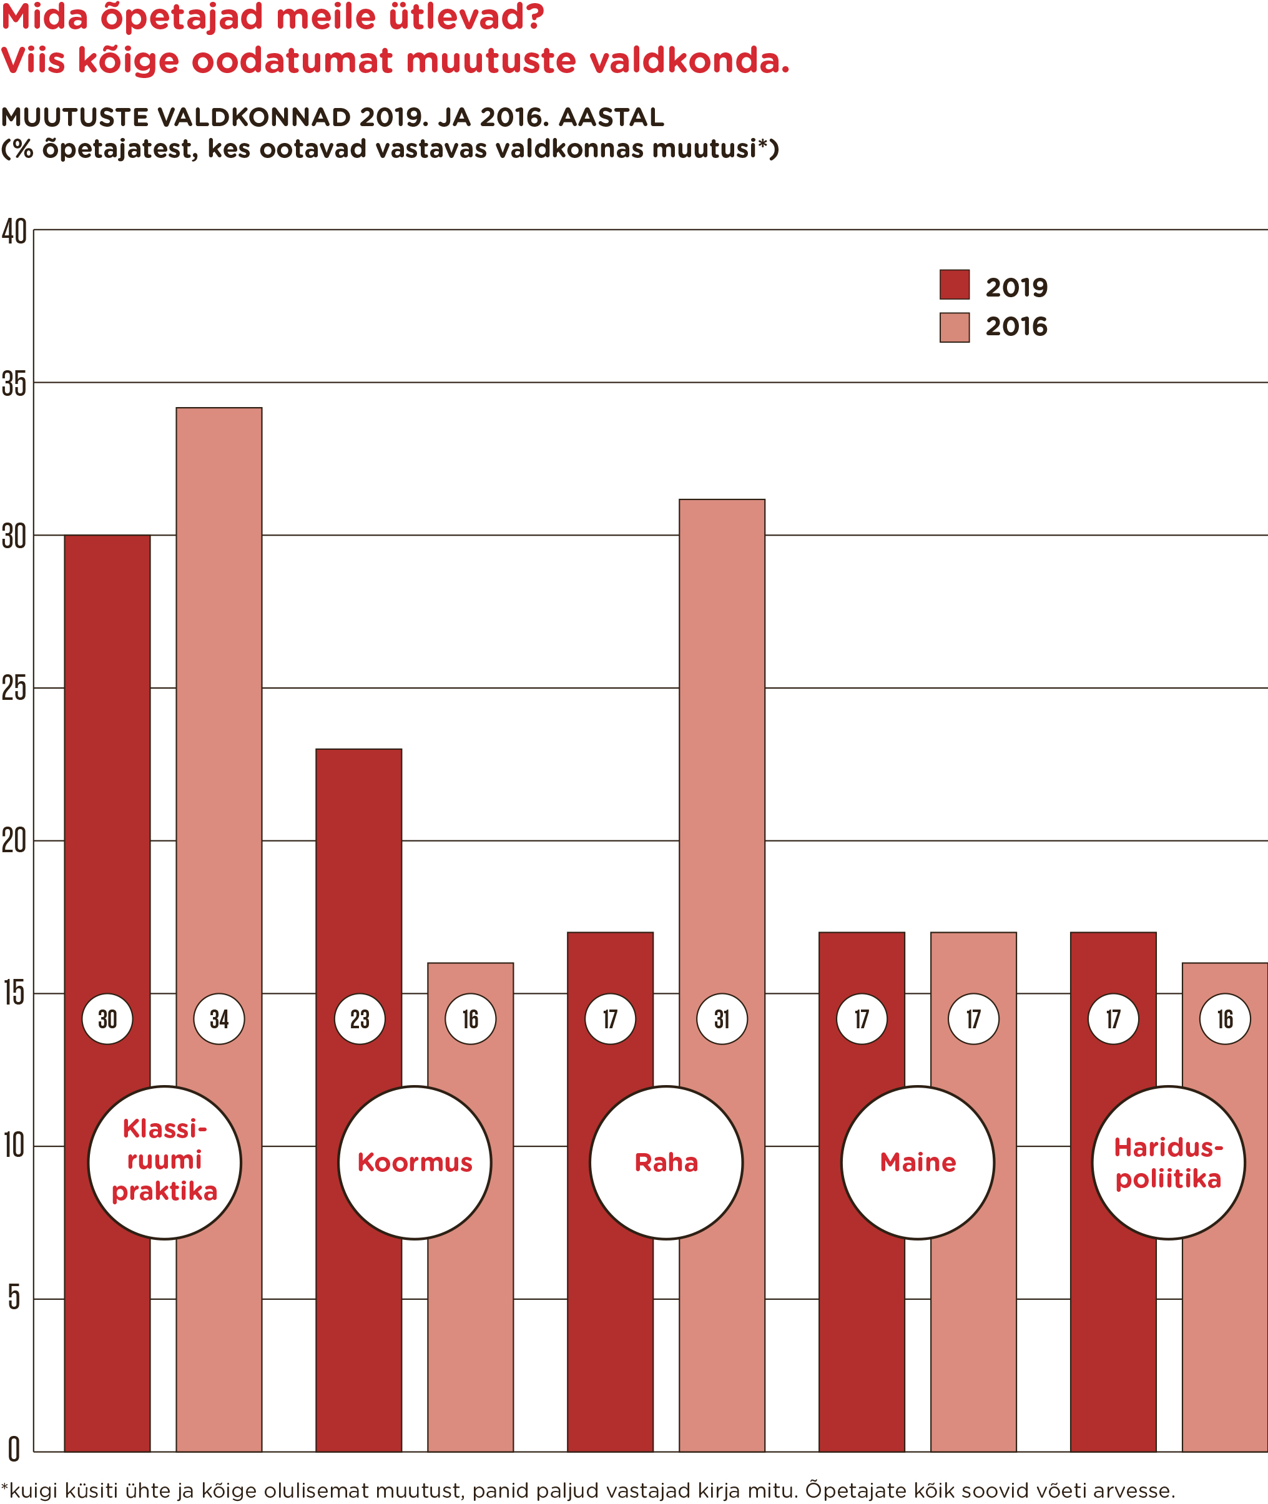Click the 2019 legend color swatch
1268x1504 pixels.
(x=954, y=285)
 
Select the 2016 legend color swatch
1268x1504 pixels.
(x=954, y=328)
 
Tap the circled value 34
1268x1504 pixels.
(x=219, y=1019)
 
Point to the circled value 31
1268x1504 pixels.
(x=722, y=1019)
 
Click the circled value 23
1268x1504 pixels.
(x=360, y=1019)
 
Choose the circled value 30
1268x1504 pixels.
(x=107, y=1019)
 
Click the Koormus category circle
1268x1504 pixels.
(x=415, y=1162)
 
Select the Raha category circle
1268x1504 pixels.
(x=666, y=1162)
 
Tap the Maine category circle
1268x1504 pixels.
(x=918, y=1162)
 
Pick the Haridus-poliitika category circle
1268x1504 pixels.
(x=1168, y=1162)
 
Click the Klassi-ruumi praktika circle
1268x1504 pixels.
(x=165, y=1162)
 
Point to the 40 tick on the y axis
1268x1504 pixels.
(x=14, y=232)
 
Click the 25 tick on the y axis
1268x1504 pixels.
(x=14, y=689)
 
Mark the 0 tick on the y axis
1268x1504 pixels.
(x=14, y=1449)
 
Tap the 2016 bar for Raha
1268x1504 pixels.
(x=722, y=719)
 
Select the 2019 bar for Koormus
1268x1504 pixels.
(x=359, y=898)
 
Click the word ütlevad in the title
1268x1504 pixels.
(x=466, y=17)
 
